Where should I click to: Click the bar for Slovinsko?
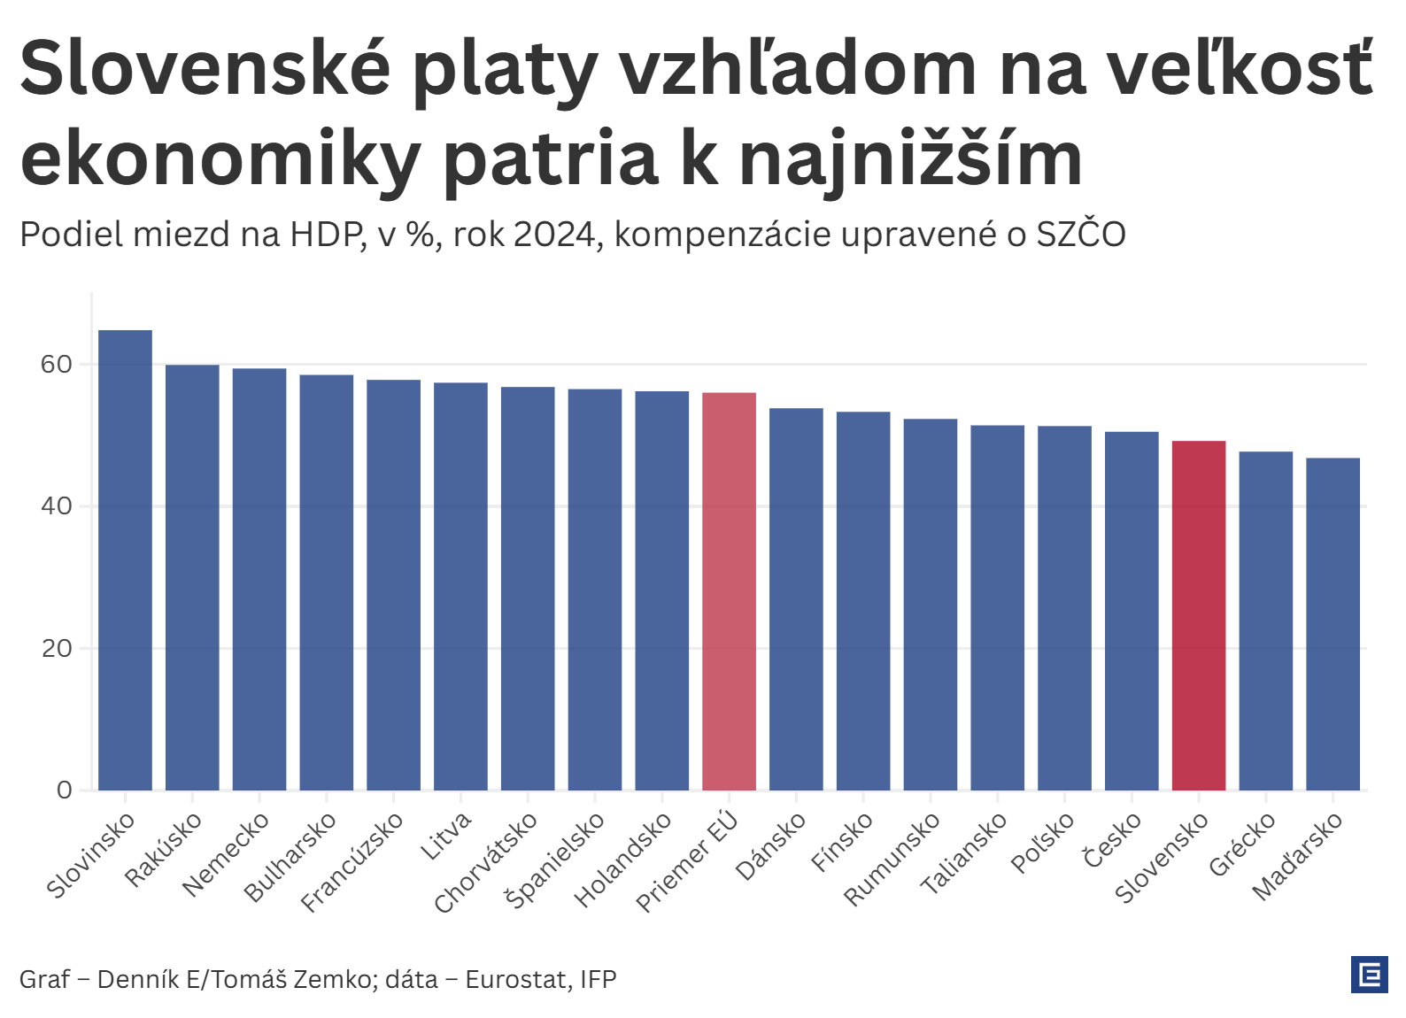point(125,559)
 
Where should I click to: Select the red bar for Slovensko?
point(1198,615)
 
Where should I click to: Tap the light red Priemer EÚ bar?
point(729,591)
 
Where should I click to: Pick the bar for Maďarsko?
point(1333,624)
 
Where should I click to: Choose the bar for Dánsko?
point(796,599)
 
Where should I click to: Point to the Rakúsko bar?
point(192,577)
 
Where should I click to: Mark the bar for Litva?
point(460,586)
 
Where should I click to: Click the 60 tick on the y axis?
point(56,364)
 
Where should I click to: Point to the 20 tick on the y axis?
point(56,648)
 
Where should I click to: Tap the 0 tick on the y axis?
point(64,790)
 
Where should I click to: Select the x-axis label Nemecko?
point(227,855)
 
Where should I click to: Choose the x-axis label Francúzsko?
point(352,862)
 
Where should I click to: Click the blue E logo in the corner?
point(1370,975)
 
